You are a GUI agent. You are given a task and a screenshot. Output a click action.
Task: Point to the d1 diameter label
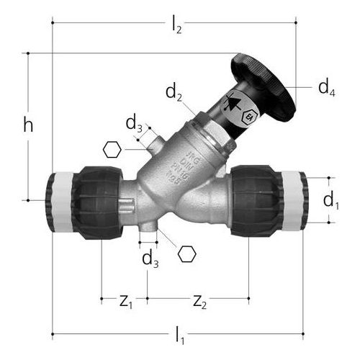coord(330,200)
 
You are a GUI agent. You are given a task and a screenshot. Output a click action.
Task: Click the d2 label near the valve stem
coord(174,92)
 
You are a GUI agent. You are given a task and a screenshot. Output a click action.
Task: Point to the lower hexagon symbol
coord(187,254)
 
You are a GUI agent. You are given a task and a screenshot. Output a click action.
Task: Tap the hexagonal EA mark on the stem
coord(248,116)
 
